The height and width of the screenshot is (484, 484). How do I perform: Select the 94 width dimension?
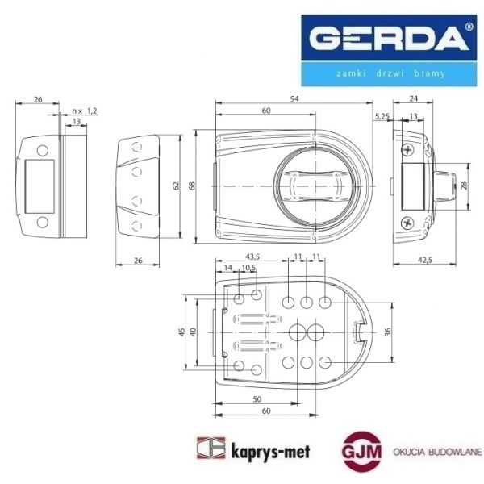click(x=294, y=98)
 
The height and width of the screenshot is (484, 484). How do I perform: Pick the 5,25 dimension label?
click(x=381, y=117)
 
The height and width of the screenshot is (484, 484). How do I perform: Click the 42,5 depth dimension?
click(x=426, y=259)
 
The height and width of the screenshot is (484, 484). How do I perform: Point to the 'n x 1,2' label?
click(x=84, y=110)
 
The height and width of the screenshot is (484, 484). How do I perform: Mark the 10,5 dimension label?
click(x=249, y=267)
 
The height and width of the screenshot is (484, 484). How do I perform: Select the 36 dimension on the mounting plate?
click(x=388, y=331)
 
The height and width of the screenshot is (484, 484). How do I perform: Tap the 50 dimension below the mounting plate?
click(x=257, y=399)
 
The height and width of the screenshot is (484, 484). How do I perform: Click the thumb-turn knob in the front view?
click(x=313, y=187)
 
